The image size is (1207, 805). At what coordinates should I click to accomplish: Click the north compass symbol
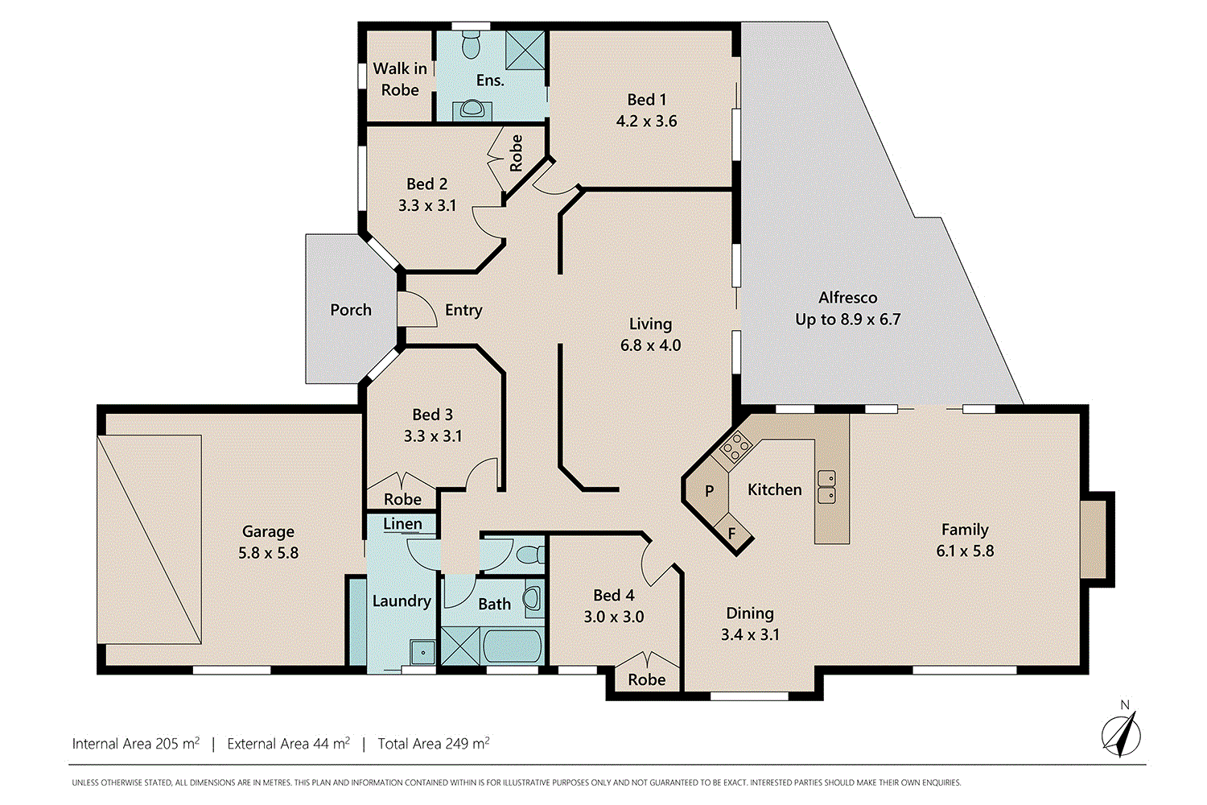[1121, 733]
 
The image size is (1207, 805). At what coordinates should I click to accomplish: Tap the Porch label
[351, 310]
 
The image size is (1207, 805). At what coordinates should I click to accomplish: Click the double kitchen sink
[826, 486]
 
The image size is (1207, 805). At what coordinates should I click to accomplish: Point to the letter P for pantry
[710, 491]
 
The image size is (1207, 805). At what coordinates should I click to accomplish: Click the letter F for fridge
[731, 534]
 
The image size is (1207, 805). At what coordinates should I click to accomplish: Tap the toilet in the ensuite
[471, 44]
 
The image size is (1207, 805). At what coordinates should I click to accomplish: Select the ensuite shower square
[525, 50]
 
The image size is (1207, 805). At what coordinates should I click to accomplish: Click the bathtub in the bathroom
[512, 646]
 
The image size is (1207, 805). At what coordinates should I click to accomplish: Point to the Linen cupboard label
[402, 523]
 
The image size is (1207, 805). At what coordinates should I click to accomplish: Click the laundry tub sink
[423, 652]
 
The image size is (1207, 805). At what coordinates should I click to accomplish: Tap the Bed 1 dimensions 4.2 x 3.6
[647, 121]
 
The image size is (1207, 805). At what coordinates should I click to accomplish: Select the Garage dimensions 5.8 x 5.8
[268, 553]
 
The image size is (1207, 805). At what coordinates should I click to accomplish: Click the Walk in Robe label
[400, 79]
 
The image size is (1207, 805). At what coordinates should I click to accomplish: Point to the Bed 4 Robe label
[647, 679]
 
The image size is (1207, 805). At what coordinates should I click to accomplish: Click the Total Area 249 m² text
[434, 744]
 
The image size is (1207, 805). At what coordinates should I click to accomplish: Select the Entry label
[463, 310]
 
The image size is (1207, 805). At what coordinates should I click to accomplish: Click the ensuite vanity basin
[472, 109]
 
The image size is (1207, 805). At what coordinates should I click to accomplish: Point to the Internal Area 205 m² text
[136, 744]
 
